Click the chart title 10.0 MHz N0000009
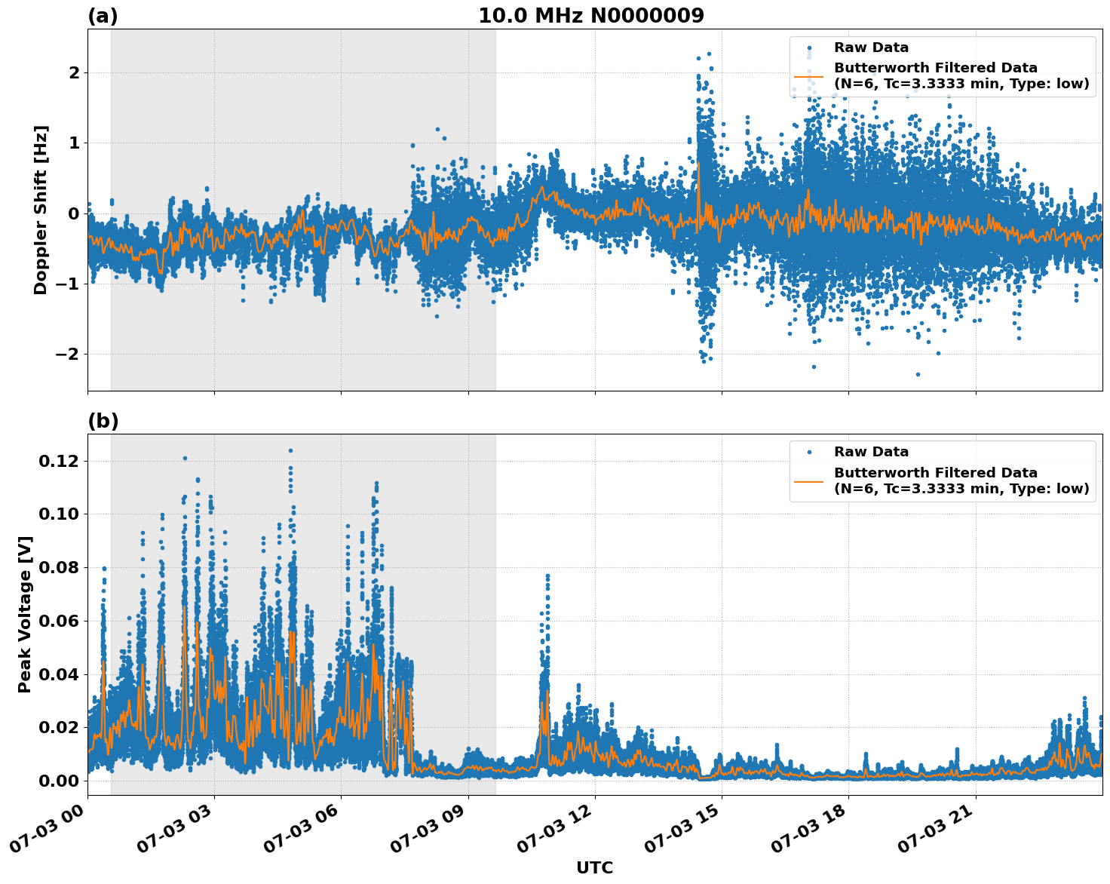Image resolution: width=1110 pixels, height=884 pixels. (590, 16)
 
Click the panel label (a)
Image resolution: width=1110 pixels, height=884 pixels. (103, 16)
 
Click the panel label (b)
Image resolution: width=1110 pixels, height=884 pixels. (103, 421)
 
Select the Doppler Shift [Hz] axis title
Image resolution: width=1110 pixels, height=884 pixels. (41, 210)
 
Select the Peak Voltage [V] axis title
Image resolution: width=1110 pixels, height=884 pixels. (25, 615)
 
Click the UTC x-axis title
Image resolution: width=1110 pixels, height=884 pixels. (594, 867)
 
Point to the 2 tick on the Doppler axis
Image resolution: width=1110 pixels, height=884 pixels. (74, 73)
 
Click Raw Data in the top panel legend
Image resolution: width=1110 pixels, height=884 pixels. (871, 48)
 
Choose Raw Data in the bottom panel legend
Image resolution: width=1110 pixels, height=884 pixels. (871, 452)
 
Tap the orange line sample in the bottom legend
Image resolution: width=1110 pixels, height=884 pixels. (808, 480)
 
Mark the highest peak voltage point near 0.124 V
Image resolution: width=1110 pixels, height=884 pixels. (290, 450)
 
